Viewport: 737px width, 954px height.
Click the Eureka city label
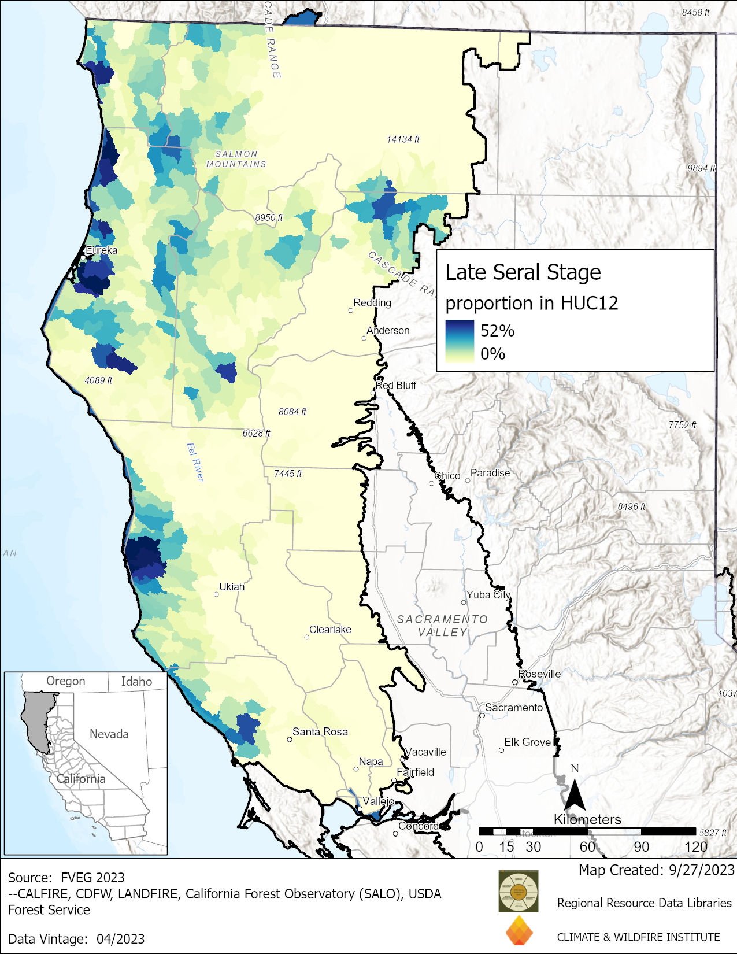click(x=101, y=250)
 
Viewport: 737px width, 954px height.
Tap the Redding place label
click(x=372, y=302)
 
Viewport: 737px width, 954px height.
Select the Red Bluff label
click(x=396, y=385)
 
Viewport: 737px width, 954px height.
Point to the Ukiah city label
click(x=232, y=587)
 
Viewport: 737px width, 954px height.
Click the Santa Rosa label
click(x=320, y=731)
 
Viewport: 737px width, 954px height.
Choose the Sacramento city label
click(x=514, y=707)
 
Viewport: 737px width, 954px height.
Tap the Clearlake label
click(x=330, y=630)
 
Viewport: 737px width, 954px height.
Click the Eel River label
click(x=195, y=462)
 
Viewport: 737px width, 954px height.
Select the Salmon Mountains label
click(x=236, y=159)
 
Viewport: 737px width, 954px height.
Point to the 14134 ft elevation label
click(x=403, y=139)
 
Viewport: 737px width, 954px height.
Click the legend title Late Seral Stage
click(x=523, y=272)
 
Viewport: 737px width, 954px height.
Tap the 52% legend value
click(x=497, y=331)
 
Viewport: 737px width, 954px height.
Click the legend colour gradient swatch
click(x=460, y=341)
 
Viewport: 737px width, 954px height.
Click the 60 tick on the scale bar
click(x=587, y=846)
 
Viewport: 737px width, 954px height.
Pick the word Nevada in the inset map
click(x=109, y=734)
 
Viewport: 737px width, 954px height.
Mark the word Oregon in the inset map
click(x=65, y=681)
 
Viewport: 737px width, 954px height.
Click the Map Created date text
click(x=656, y=870)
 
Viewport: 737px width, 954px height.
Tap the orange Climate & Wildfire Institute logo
click(x=519, y=931)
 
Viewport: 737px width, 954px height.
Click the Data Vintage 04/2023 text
click(x=76, y=939)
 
